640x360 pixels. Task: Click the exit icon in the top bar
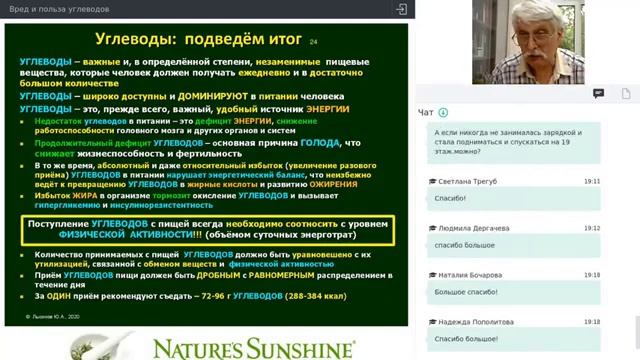click(x=402, y=9)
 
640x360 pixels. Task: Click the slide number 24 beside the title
click(x=314, y=42)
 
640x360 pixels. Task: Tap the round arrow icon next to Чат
click(x=443, y=112)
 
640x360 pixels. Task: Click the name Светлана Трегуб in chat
click(x=467, y=182)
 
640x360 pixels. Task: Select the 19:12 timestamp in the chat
click(x=591, y=228)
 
